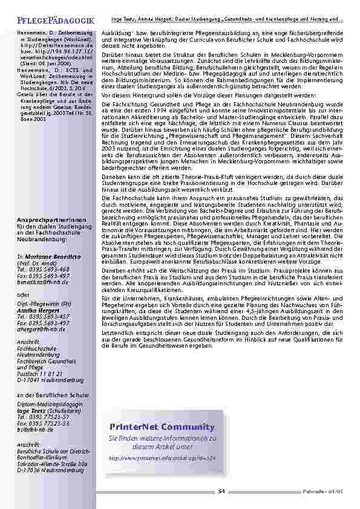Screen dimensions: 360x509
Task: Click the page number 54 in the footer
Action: (221, 490)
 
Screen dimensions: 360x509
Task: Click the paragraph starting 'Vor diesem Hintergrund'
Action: (200, 95)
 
